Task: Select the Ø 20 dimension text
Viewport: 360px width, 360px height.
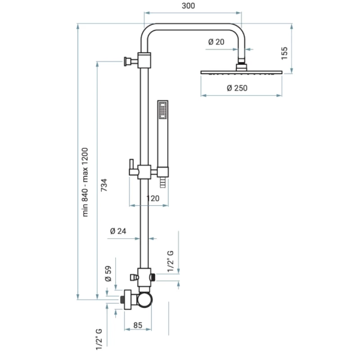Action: point(216,42)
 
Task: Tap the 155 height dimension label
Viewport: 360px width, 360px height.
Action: point(284,53)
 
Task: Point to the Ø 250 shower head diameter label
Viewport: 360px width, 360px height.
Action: point(237,88)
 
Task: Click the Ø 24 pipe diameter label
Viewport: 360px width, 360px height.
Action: point(118,232)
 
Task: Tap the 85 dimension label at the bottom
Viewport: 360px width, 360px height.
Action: point(138,324)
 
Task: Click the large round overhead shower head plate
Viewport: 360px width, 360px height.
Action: point(242,72)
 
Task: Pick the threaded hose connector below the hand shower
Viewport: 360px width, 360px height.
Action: point(163,182)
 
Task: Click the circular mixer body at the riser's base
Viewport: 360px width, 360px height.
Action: point(145,299)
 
